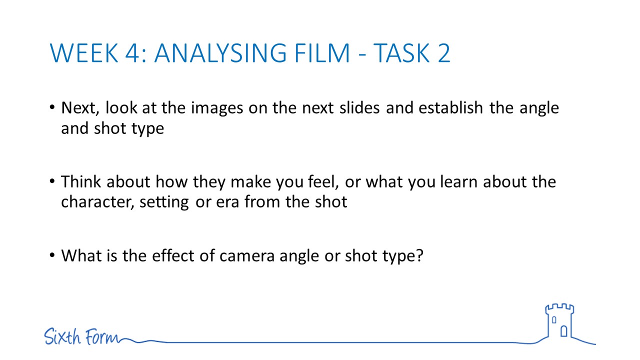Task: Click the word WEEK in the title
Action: [84, 53]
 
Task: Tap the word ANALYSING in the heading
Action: [220, 53]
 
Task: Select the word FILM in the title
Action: [322, 53]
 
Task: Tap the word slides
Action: [359, 107]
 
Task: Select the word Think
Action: [81, 181]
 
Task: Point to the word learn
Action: [458, 181]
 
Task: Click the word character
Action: [97, 202]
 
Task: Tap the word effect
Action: [173, 255]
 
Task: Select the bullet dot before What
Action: [52, 255]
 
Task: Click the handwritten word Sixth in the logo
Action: [62, 336]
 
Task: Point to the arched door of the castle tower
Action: [563, 331]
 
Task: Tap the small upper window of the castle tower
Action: [554, 320]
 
